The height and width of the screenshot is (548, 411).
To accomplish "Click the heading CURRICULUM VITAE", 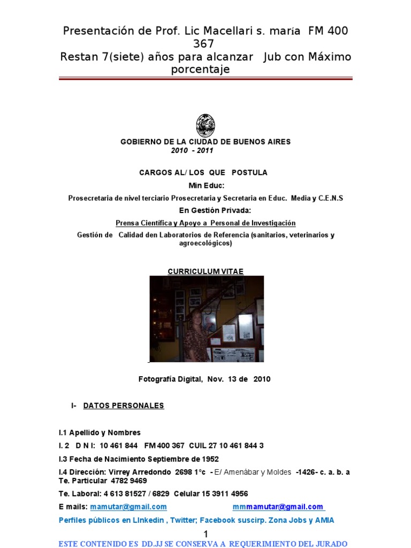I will coord(205,271).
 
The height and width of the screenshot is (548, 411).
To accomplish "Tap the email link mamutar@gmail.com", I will coord(128,507).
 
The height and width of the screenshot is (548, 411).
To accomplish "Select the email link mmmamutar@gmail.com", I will coord(278,507).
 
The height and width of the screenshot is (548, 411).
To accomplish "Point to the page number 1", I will coord(205,535).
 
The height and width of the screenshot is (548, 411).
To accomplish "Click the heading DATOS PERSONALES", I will coord(124,406).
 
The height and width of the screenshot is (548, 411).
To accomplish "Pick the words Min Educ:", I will coord(205,185).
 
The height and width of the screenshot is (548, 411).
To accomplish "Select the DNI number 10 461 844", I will coord(118,446).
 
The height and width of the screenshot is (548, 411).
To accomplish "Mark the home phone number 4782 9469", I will coord(129,481).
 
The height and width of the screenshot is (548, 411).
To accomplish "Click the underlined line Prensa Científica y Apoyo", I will coord(205,223).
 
